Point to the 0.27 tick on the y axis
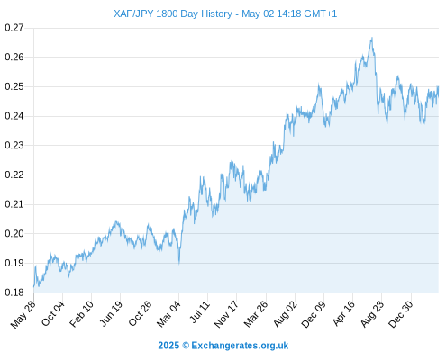click(14, 28)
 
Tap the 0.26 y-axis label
click(14, 57)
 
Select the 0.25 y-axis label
click(14, 86)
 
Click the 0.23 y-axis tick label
click(14, 146)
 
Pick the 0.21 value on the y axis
click(14, 204)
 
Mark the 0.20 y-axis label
click(14, 234)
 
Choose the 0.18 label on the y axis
click(14, 292)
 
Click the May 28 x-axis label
click(23, 314)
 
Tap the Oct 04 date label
click(53, 313)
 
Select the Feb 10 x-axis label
click(81, 314)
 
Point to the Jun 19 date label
click(111, 313)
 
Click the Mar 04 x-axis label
click(168, 314)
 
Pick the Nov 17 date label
click(226, 314)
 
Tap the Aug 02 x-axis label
click(286, 314)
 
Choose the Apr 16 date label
click(343, 313)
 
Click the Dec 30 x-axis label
click(401, 314)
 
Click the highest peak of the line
click(372, 38)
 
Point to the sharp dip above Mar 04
click(179, 264)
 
